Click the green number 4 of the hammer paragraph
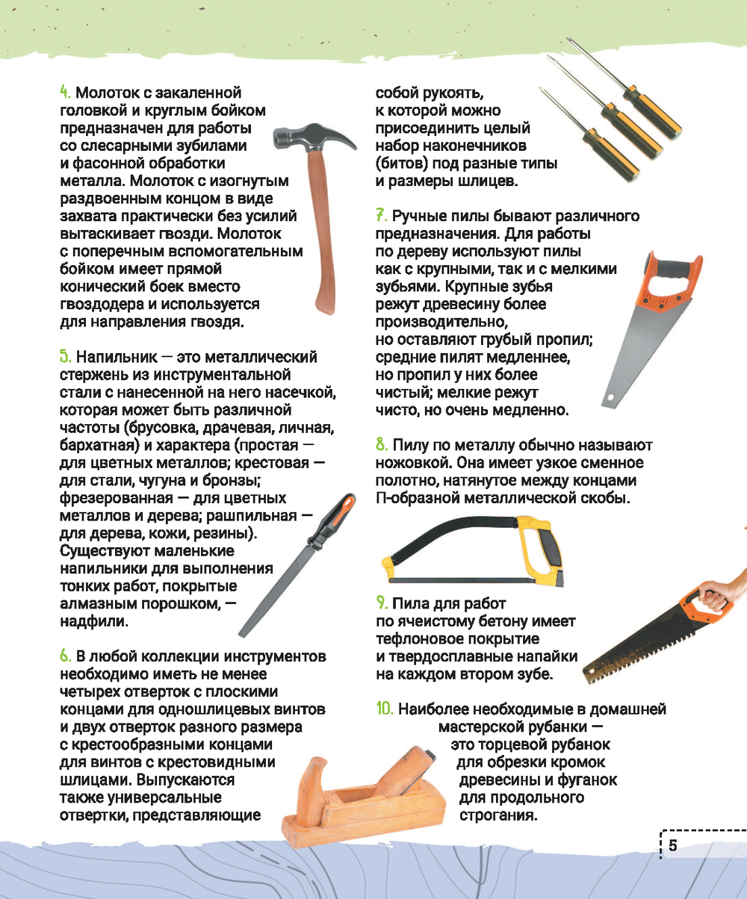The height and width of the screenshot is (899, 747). pos(65,93)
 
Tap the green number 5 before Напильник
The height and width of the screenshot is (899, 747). pos(65,357)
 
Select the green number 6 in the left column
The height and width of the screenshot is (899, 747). pos(65,656)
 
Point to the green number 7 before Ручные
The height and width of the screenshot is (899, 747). pos(381,216)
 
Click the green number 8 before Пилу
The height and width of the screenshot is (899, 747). pos(382,445)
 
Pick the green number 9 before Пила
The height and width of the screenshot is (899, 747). pos(382,603)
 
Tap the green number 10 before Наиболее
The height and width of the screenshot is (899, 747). pos(385,709)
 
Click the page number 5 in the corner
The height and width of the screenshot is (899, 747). pos(672,845)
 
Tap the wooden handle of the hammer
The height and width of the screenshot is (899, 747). pos(322,228)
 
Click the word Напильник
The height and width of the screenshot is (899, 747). pos(117,357)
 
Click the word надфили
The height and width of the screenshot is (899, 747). pos(94,620)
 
